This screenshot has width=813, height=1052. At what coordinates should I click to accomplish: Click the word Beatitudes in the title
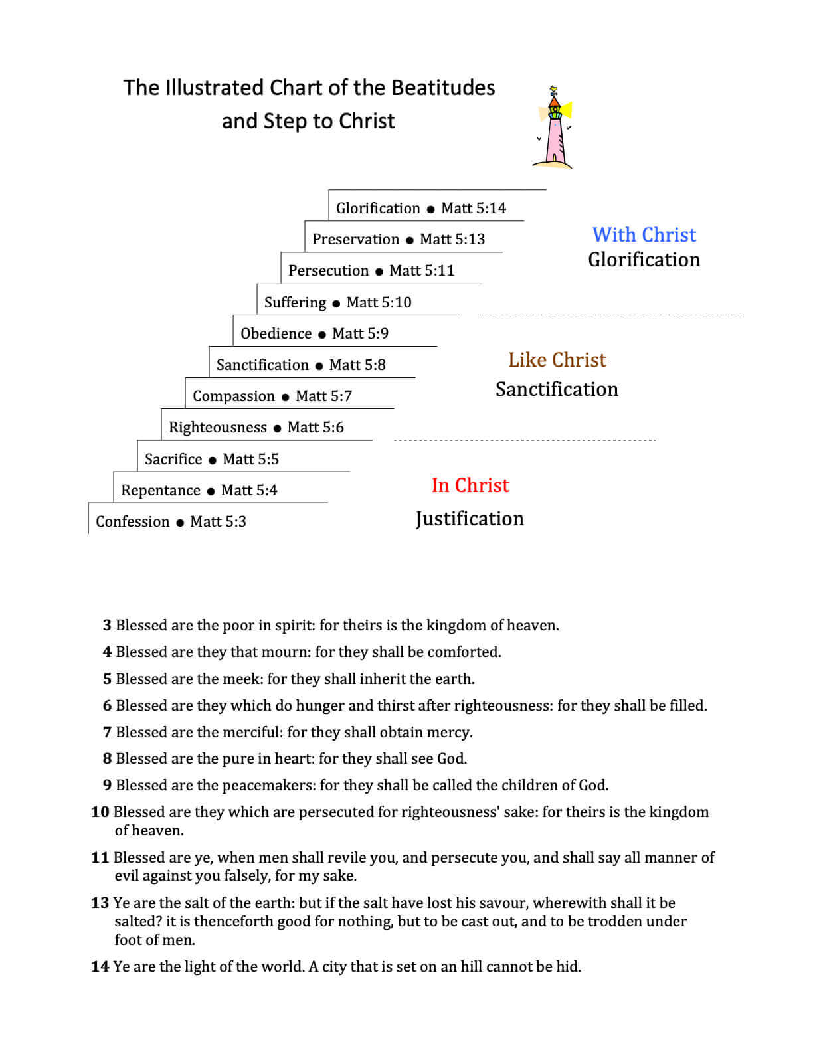443,88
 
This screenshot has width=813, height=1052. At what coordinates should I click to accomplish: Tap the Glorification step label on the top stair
378,208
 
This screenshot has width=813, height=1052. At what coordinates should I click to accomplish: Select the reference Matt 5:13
452,239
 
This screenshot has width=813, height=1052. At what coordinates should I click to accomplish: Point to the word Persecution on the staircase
328,270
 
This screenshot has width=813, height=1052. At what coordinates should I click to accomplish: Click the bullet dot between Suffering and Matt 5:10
336,304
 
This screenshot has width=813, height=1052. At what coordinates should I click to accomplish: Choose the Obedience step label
276,333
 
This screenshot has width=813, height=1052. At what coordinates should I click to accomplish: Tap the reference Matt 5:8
357,365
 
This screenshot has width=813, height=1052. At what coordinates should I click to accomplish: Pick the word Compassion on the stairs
233,396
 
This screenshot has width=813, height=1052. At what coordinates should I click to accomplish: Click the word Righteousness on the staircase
218,427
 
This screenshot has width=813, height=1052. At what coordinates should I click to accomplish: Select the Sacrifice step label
173,459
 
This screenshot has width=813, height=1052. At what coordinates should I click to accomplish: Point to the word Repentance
161,490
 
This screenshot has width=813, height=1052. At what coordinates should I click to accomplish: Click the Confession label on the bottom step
133,521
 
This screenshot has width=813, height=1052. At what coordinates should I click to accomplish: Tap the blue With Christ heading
644,234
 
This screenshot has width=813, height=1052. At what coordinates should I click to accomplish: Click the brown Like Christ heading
557,359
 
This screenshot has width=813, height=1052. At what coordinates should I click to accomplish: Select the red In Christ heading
470,485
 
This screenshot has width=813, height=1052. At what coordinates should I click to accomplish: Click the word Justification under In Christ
470,518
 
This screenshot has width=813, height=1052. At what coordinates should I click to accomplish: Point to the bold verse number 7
107,732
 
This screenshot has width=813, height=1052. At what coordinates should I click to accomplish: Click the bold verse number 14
100,966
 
